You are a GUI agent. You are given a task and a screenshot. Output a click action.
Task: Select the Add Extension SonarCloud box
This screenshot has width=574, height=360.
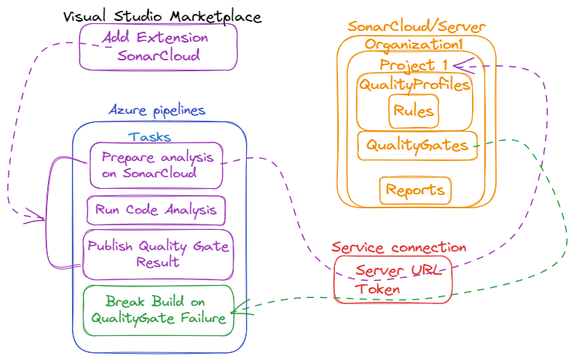(x=159, y=46)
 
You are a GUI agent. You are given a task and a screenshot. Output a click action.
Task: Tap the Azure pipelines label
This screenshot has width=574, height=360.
(x=157, y=110)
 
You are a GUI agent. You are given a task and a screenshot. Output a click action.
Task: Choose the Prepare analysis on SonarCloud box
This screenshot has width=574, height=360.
(x=156, y=165)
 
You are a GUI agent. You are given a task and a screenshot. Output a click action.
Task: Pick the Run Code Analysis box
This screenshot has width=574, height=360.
(x=155, y=209)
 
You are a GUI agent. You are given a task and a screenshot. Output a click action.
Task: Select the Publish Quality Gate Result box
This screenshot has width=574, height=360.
(x=158, y=254)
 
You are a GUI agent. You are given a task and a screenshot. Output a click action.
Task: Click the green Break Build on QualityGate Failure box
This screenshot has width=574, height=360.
(x=158, y=310)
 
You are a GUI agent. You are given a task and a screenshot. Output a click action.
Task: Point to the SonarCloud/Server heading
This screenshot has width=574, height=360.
(x=416, y=27)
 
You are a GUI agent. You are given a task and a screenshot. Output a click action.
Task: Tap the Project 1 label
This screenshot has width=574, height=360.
(x=414, y=64)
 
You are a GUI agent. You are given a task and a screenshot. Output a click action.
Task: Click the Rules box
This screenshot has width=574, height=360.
(x=414, y=111)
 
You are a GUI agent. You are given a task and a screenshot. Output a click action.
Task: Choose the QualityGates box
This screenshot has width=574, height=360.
(x=417, y=145)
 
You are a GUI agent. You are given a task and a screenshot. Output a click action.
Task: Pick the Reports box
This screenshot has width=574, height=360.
(x=415, y=190)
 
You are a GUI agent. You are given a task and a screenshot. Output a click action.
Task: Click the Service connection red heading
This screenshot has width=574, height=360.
(x=398, y=248)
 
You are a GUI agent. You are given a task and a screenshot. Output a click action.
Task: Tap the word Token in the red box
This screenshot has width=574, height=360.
(x=378, y=289)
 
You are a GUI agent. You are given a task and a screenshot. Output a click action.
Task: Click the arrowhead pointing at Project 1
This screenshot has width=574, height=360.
(x=458, y=64)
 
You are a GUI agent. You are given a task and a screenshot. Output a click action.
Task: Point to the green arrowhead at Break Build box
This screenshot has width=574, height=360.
(x=237, y=310)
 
